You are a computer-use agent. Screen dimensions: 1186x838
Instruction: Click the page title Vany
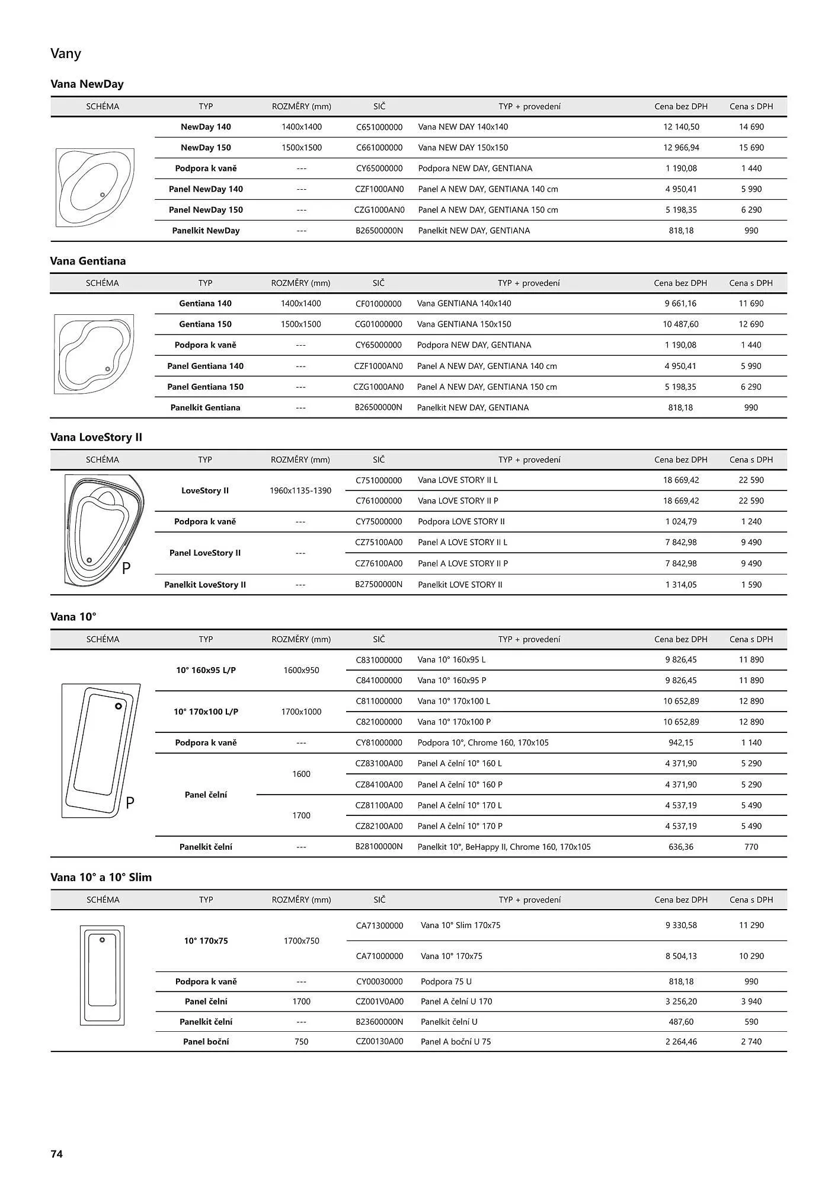click(66, 54)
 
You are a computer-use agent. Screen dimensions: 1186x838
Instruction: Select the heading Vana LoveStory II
click(96, 437)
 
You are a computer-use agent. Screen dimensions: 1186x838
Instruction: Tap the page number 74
click(57, 1153)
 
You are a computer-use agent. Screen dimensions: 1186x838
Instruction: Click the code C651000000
click(379, 127)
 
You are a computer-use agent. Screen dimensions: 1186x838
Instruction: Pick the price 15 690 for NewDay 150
click(751, 148)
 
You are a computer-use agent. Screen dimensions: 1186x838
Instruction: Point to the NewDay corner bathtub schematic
click(95, 187)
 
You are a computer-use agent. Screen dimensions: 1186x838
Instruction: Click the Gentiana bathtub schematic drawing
click(94, 354)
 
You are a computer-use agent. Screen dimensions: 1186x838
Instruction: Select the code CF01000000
click(379, 304)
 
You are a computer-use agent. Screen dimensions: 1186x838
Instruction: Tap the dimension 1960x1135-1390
click(300, 490)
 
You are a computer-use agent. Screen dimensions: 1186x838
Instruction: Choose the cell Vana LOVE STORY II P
click(458, 501)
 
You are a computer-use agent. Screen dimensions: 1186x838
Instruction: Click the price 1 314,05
click(681, 585)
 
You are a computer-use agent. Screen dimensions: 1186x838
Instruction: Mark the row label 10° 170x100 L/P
click(206, 712)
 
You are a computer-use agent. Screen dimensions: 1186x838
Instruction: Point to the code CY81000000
click(379, 742)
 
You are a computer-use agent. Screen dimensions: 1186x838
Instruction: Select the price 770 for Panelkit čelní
click(751, 847)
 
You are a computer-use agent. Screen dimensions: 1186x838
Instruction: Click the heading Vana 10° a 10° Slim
click(101, 877)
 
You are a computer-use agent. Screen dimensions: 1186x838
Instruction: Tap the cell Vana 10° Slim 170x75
click(460, 925)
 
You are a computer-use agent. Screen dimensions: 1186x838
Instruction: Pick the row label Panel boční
click(206, 1041)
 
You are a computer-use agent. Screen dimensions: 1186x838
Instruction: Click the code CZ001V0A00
click(379, 1002)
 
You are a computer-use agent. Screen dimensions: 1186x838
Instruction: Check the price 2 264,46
click(681, 1041)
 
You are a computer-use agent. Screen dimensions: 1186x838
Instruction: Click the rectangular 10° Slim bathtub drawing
click(103, 975)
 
